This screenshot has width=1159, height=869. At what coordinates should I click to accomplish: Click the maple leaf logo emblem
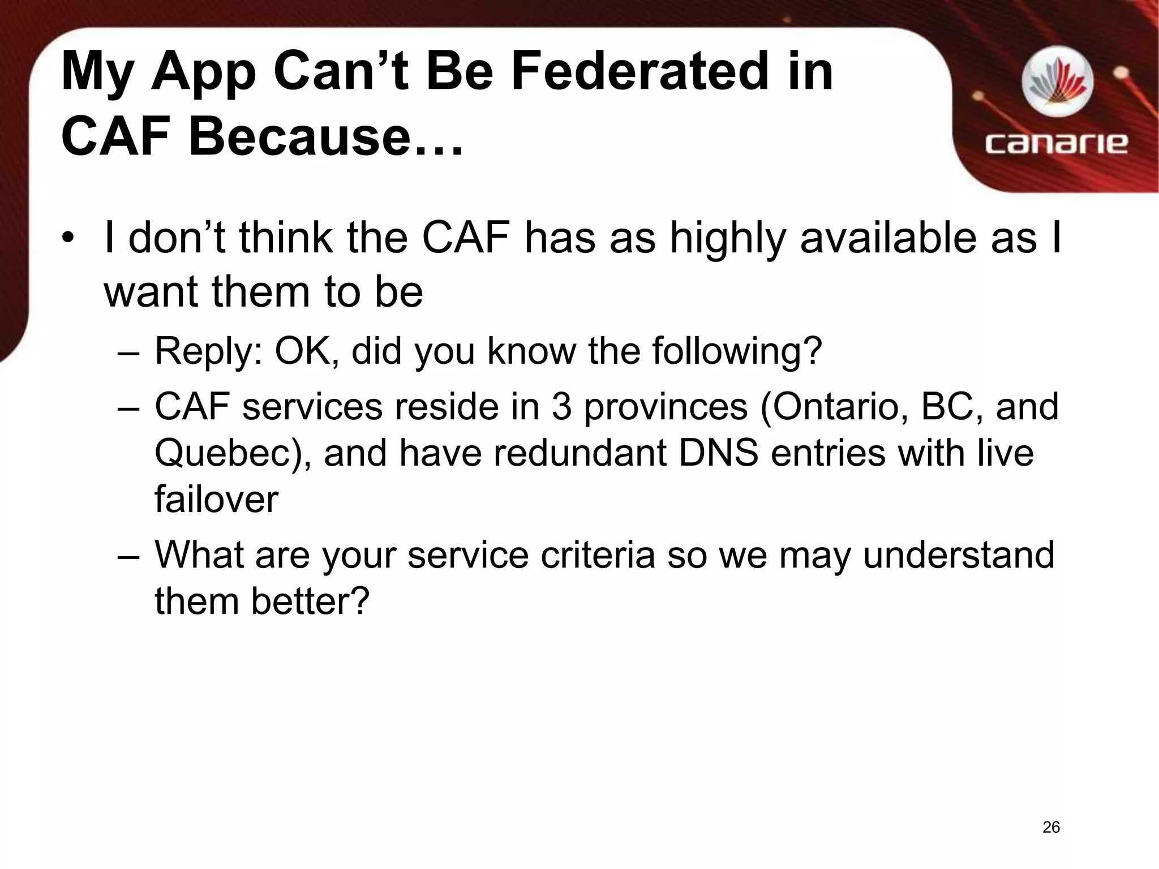pyautogui.click(x=1057, y=83)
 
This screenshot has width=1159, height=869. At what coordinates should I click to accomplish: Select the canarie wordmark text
pyautogui.click(x=1056, y=143)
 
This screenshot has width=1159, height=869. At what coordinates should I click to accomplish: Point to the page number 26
pyautogui.click(x=1051, y=827)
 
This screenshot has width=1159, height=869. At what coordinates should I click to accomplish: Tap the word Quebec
pyautogui.click(x=227, y=454)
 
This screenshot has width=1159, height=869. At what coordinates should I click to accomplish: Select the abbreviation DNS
pyautogui.click(x=718, y=453)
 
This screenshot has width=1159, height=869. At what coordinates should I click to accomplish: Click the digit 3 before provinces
pyautogui.click(x=561, y=407)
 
